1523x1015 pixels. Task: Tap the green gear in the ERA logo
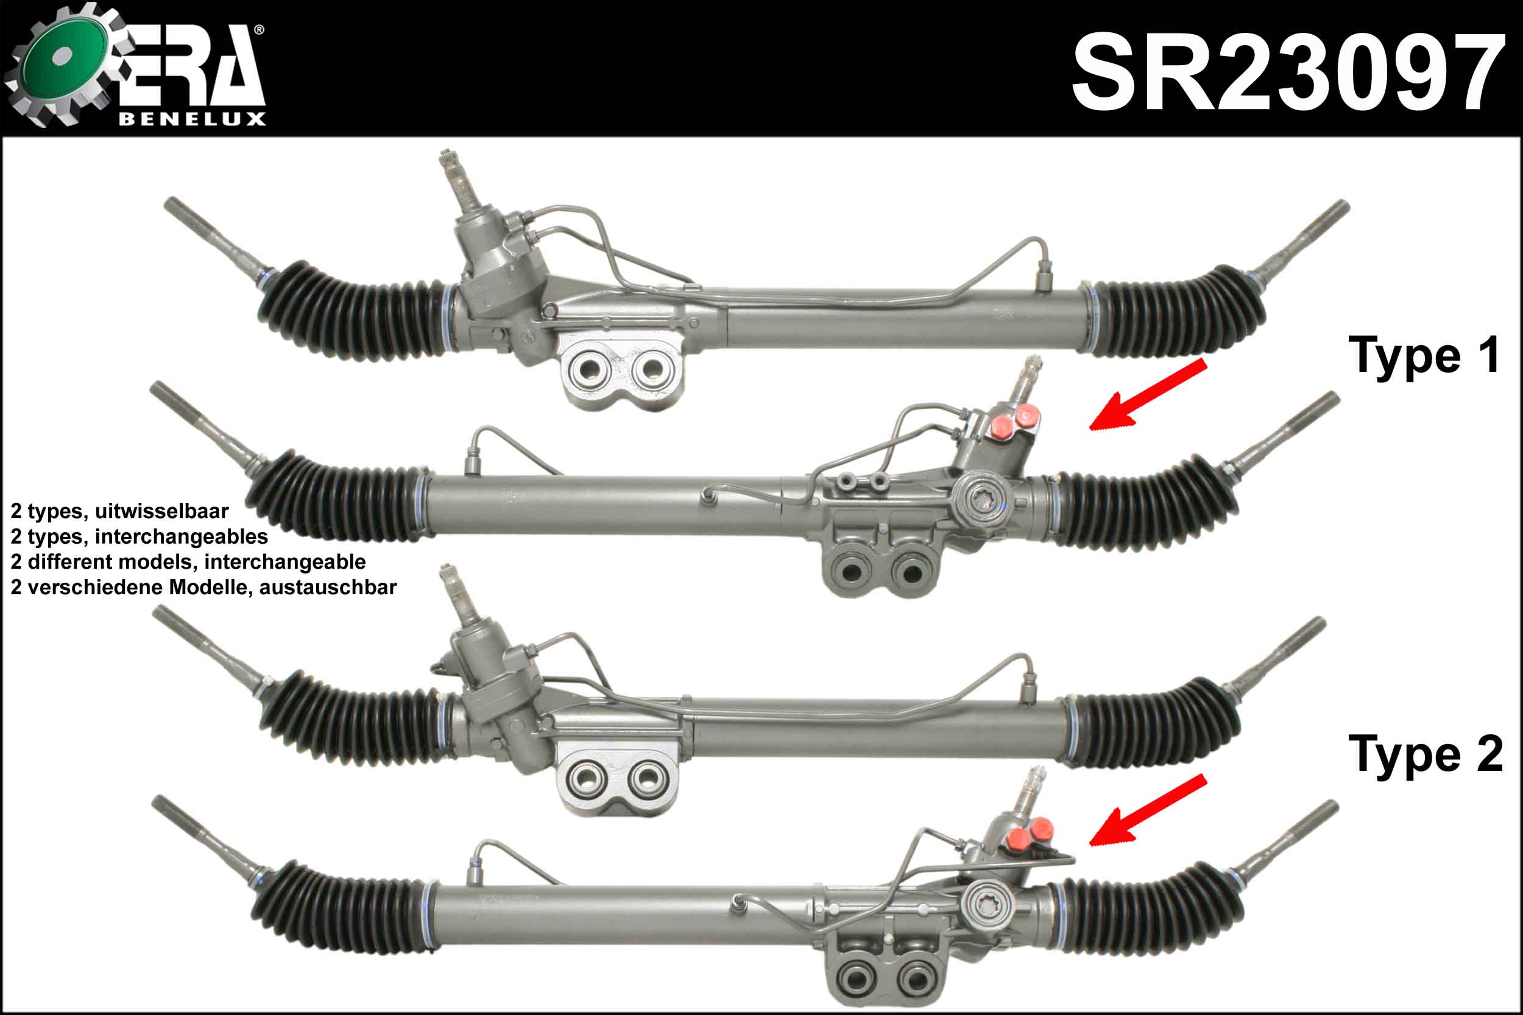[65, 63]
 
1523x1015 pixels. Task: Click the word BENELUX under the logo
[193, 119]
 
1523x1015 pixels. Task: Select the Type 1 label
[1424, 356]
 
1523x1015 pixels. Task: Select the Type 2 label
[1425, 754]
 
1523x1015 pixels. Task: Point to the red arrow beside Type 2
[1148, 810]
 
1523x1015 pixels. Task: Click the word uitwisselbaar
[161, 511]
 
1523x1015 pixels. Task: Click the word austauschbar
[328, 587]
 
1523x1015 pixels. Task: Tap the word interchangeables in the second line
[182, 536]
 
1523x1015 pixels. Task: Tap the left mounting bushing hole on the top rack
[588, 370]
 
